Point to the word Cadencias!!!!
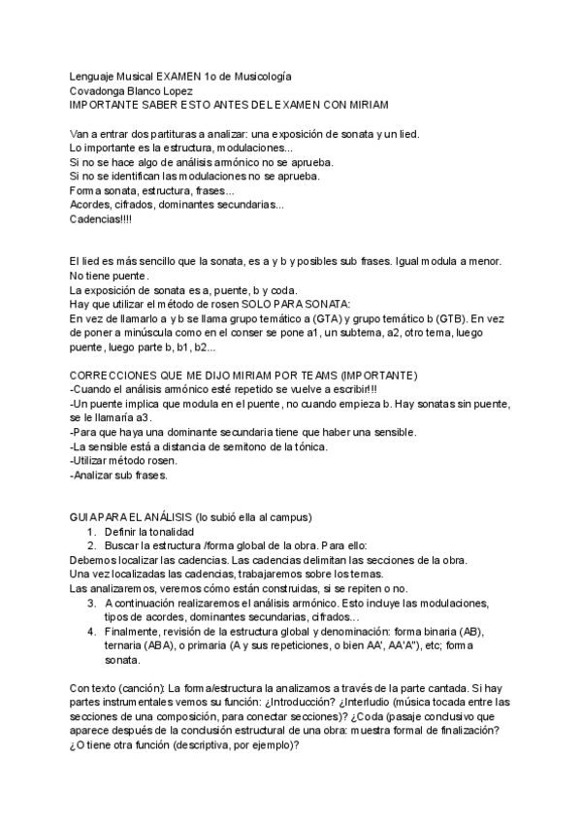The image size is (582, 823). point(102,219)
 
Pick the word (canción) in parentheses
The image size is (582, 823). point(132,688)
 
